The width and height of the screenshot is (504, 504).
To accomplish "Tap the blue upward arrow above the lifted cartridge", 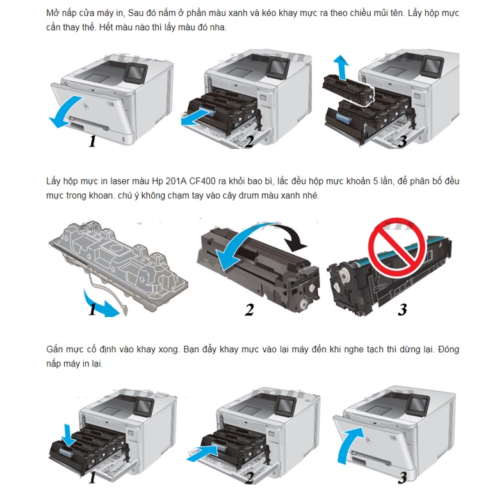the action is (x=342, y=67).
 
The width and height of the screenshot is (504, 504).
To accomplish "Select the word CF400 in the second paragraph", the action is (x=202, y=181).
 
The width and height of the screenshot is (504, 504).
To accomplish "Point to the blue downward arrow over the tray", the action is (x=69, y=435).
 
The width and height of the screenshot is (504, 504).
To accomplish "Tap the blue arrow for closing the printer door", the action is (x=350, y=445).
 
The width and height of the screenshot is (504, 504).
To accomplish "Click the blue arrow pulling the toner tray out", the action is (x=196, y=117).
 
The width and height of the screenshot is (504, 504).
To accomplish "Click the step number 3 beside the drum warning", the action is (x=402, y=309).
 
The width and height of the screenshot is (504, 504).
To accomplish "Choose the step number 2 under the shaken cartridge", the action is (x=249, y=309).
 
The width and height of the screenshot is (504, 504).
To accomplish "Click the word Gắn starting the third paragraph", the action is (x=54, y=350).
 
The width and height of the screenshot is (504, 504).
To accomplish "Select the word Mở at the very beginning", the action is (x=52, y=13).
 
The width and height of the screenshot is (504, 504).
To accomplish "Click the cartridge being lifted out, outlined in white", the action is (x=349, y=90).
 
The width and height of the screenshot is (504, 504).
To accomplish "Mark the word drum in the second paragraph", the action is (x=248, y=195).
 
